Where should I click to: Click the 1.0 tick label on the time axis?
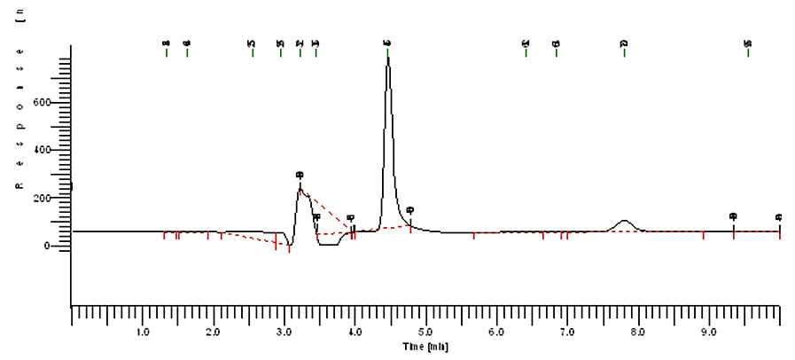click(x=142, y=333)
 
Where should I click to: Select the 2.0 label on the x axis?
click(x=213, y=333)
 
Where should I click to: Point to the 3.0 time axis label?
click(x=284, y=333)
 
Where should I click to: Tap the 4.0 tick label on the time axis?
click(x=355, y=333)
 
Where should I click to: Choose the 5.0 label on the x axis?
click(x=425, y=333)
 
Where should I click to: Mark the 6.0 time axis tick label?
click(x=496, y=333)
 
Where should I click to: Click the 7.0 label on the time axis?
click(x=566, y=333)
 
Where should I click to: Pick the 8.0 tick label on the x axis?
click(x=637, y=333)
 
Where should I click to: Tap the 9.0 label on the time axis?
click(x=708, y=333)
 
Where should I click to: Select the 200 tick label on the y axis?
click(x=54, y=198)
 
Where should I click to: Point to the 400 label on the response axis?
click(x=54, y=150)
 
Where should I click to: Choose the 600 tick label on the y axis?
click(x=54, y=102)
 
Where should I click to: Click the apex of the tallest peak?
click(x=387, y=59)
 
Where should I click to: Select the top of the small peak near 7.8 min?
click(x=625, y=221)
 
